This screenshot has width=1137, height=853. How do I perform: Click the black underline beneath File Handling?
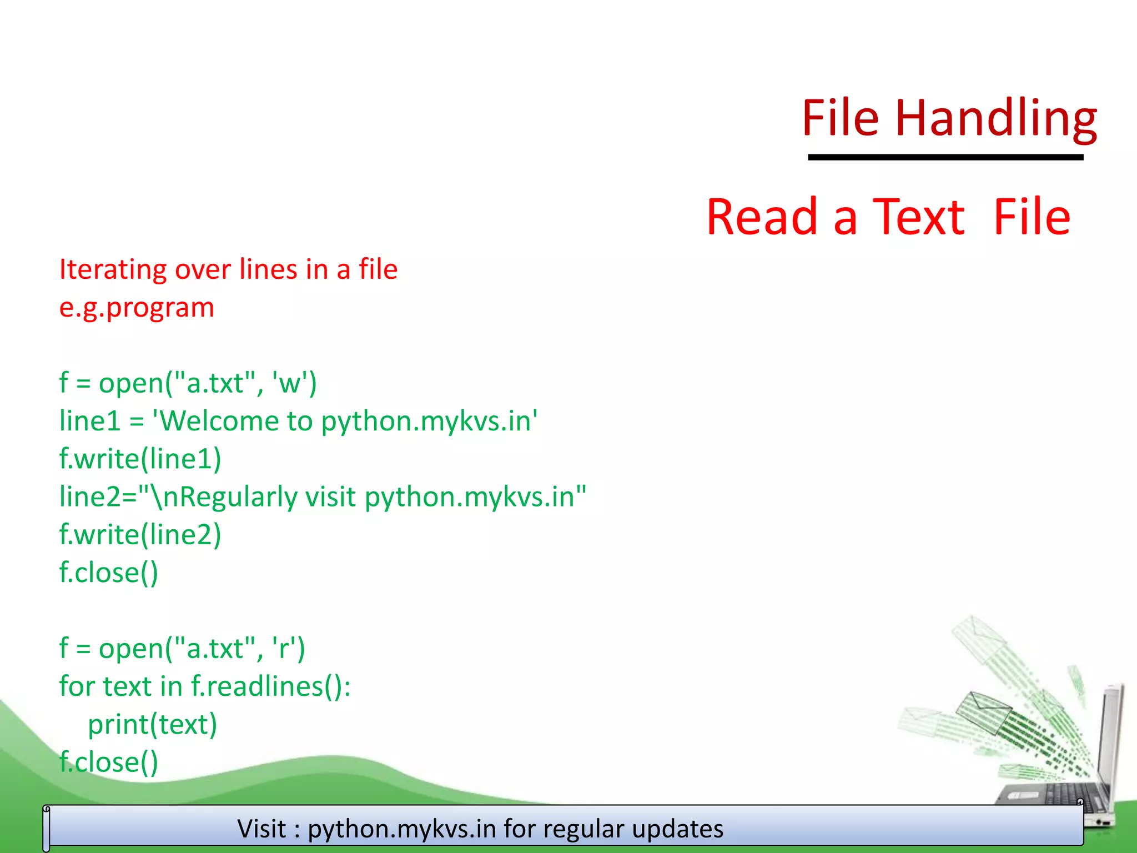coord(945,158)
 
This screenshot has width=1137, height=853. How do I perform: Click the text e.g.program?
coord(137,308)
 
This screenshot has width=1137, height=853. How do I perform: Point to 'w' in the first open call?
coord(289,383)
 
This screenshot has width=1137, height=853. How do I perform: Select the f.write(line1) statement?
coord(140,459)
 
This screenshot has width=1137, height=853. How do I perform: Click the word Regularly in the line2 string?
coord(238,497)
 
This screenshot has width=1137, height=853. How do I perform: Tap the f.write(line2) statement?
coord(140,535)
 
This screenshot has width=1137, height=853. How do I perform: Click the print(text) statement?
coord(152,725)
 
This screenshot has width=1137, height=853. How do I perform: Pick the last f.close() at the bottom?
coord(109,762)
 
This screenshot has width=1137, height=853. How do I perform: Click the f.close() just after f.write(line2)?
coord(109,573)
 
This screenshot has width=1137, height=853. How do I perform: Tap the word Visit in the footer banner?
coord(261,829)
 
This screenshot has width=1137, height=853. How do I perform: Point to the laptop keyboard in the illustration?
coord(1055,794)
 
